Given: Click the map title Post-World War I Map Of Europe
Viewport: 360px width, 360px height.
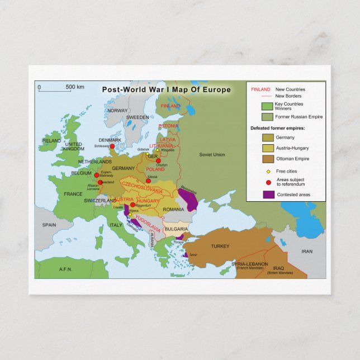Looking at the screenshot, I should pos(166,89).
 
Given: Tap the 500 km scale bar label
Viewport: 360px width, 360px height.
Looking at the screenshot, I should pos(75,87).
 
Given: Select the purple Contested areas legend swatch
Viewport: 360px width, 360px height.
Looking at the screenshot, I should pos(268,195).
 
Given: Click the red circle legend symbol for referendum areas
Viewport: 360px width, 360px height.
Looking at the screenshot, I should pos(268,182).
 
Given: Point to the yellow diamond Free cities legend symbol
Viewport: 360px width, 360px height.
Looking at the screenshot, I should pos(268,171).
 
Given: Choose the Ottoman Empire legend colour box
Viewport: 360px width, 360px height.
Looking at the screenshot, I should pos(268,159).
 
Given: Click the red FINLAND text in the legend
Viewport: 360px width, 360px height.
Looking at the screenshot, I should pos(260,89).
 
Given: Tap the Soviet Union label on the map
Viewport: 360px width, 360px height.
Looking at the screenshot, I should pos(212,154).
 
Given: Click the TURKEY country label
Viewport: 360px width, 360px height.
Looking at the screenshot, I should pos(220,247).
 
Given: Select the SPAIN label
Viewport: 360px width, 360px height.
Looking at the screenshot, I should pos(50,225).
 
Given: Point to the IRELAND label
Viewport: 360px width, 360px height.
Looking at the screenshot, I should pos(51,141).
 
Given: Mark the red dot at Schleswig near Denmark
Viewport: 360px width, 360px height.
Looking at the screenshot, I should pos(112,146).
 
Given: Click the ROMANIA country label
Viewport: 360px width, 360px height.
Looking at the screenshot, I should pos(173,210).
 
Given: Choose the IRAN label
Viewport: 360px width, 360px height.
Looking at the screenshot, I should pos(307,252).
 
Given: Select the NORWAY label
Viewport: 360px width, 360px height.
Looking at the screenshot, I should pos(117,111).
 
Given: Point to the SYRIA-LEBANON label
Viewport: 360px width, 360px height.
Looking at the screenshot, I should pos(250,264).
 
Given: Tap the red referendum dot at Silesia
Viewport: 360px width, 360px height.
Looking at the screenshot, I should pos(148,181).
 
